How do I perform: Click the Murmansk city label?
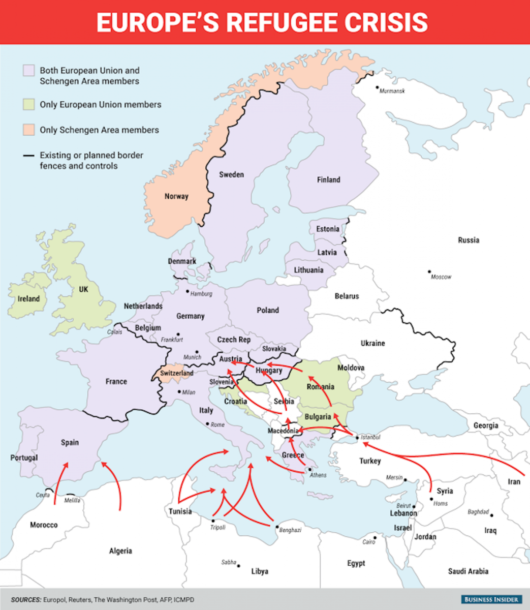[x=393, y=90]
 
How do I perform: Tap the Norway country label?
[x=176, y=196]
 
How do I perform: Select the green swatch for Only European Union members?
[x=28, y=105]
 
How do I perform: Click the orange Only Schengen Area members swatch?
[x=28, y=130]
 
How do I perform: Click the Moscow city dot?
[x=429, y=272]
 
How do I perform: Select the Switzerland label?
[x=176, y=373]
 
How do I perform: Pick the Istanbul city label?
[x=370, y=437]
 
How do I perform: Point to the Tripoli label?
[x=217, y=528]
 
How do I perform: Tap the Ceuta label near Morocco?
[x=43, y=495]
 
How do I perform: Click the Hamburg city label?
[x=201, y=294]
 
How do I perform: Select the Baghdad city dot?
[x=492, y=515]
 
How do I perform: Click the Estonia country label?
[x=328, y=229]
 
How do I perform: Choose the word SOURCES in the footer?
[x=25, y=600]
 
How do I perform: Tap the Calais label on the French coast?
[x=115, y=332]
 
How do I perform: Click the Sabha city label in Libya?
[x=229, y=562]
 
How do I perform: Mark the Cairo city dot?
[x=375, y=537]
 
